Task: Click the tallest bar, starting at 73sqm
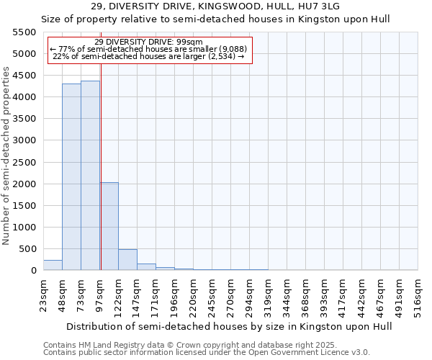tap(90, 176)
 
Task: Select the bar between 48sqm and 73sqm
tap(71, 177)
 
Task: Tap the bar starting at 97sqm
tap(109, 226)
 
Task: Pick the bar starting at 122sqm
tap(127, 260)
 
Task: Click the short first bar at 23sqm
tap(53, 265)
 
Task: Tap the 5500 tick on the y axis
tap(24, 32)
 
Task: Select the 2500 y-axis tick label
tap(24, 163)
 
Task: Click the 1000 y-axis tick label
tap(24, 228)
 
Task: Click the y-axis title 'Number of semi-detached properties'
tap(6, 156)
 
